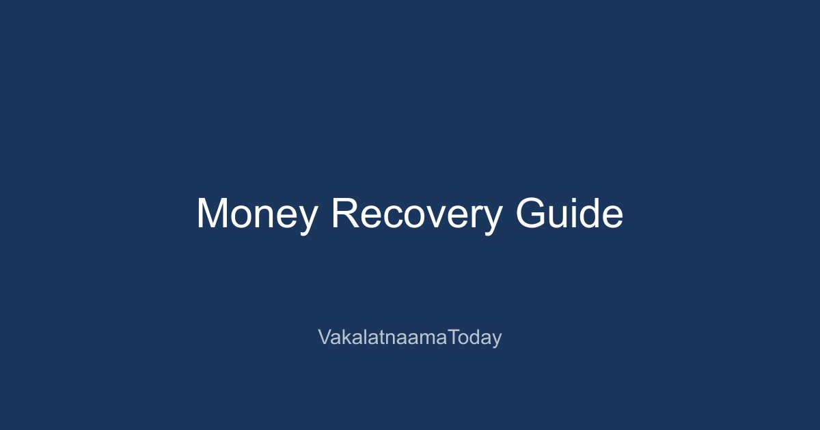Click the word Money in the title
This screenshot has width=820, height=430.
[x=257, y=214]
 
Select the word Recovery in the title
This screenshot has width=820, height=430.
[x=416, y=214]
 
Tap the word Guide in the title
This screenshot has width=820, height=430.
[x=569, y=214]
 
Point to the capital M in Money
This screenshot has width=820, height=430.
[x=212, y=214]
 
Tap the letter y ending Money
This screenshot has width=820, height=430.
[x=308, y=218]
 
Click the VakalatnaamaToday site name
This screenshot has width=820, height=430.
[x=410, y=337]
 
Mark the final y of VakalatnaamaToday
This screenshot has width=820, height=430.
[x=497, y=340]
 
